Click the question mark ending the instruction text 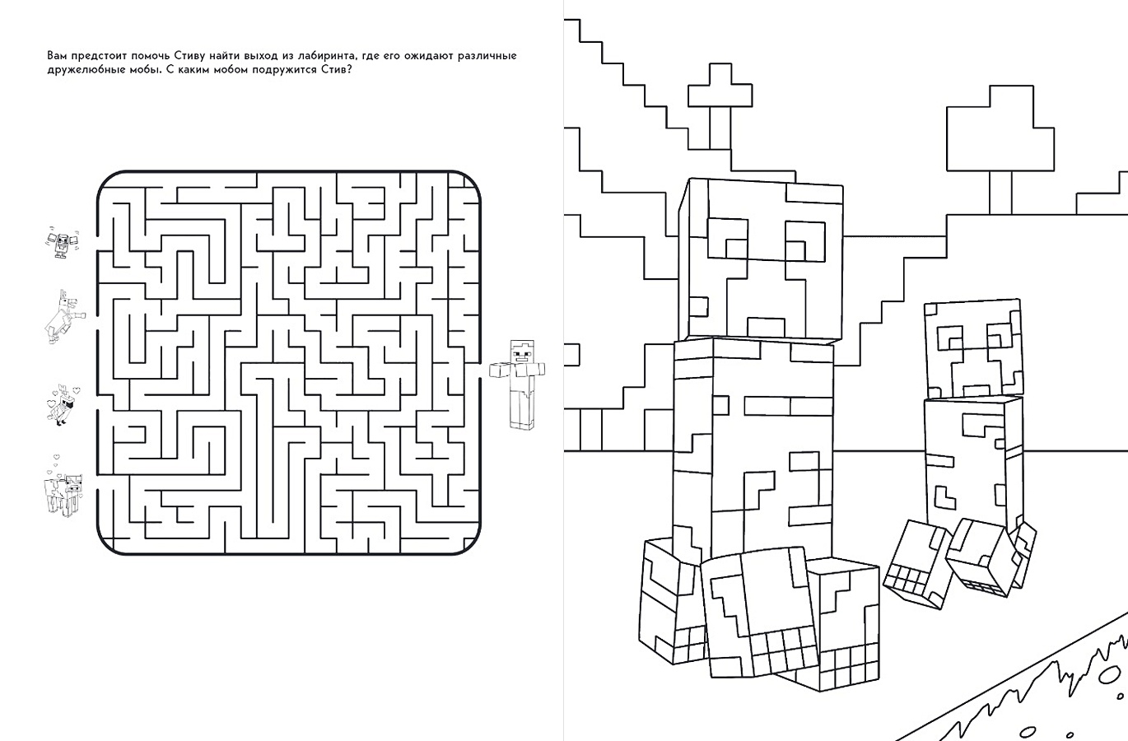(348, 69)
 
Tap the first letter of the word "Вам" (51, 55)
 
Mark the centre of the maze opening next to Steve (479, 370)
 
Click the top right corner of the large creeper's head (843, 187)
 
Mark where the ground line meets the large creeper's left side (674, 451)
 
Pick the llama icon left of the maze (64, 317)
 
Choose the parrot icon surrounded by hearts (63, 404)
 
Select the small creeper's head (972, 350)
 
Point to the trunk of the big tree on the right (1000, 193)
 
